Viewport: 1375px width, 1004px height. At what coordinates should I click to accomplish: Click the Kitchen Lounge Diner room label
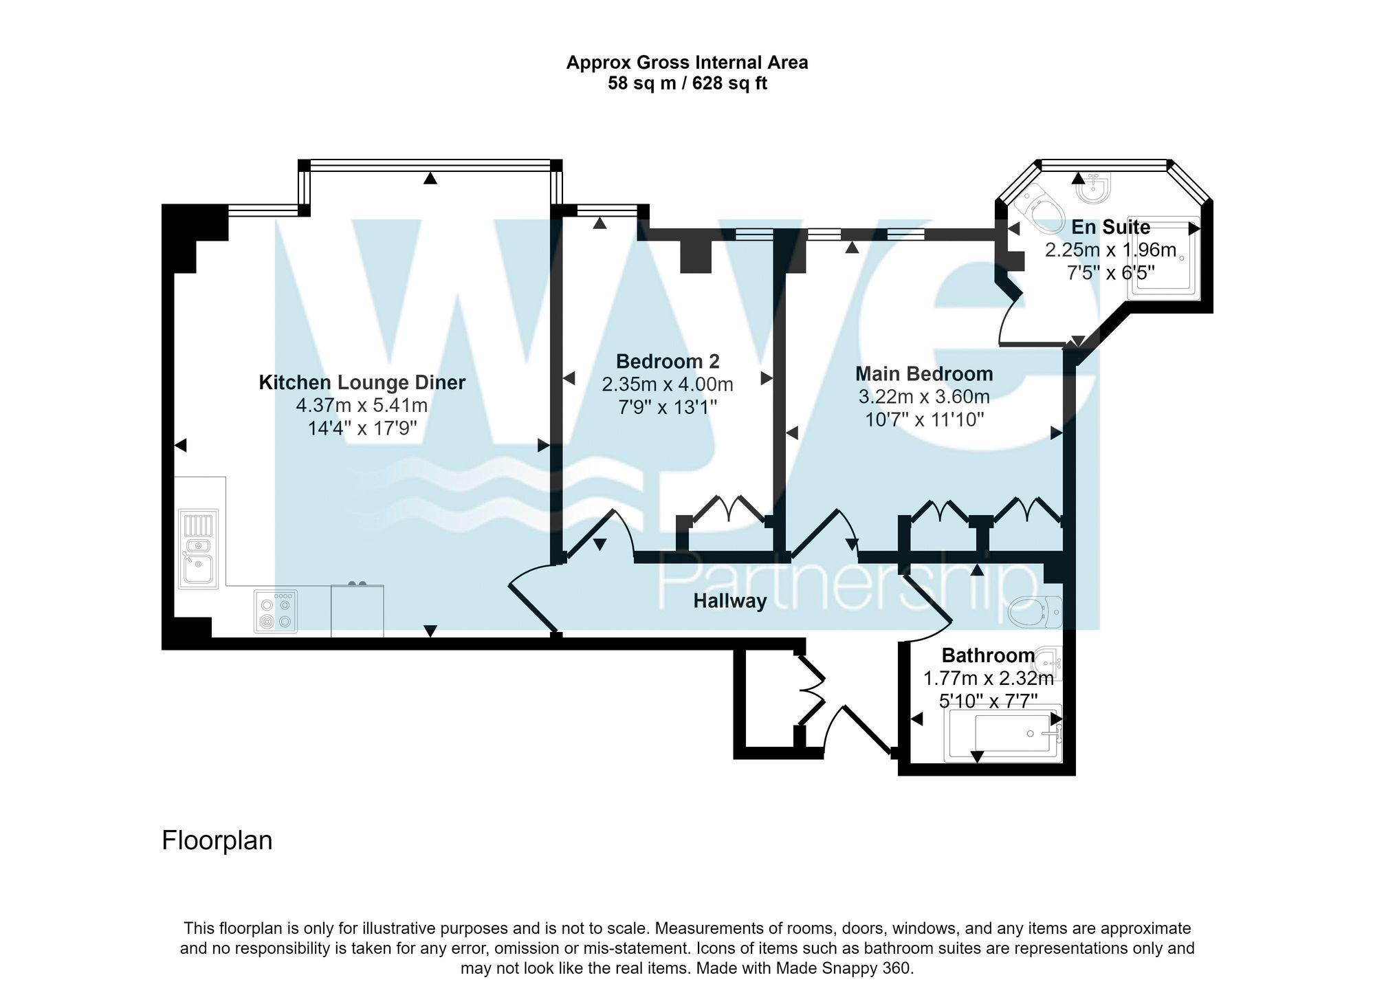click(362, 382)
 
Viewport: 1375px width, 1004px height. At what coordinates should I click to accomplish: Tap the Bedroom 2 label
click(667, 361)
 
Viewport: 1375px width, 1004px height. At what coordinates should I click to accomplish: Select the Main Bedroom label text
click(923, 373)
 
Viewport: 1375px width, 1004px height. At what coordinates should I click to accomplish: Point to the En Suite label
click(1110, 227)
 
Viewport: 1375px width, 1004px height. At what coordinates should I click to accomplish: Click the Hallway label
click(729, 601)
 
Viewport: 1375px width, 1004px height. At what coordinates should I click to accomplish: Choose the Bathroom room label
click(987, 655)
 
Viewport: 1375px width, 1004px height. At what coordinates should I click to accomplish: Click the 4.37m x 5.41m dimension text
click(362, 405)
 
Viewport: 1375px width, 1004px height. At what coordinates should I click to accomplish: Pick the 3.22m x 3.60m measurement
click(923, 397)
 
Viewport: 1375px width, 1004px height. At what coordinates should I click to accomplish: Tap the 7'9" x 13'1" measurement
click(667, 408)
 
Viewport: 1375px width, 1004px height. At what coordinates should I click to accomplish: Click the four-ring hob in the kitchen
click(276, 611)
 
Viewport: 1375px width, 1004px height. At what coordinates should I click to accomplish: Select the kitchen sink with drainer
click(198, 549)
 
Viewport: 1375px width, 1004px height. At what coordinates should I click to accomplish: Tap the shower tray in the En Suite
click(1163, 258)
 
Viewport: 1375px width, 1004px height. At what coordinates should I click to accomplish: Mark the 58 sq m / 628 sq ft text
click(687, 84)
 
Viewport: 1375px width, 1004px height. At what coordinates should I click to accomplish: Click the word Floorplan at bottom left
click(217, 840)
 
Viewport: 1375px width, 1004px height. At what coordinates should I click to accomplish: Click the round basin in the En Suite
click(1093, 188)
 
